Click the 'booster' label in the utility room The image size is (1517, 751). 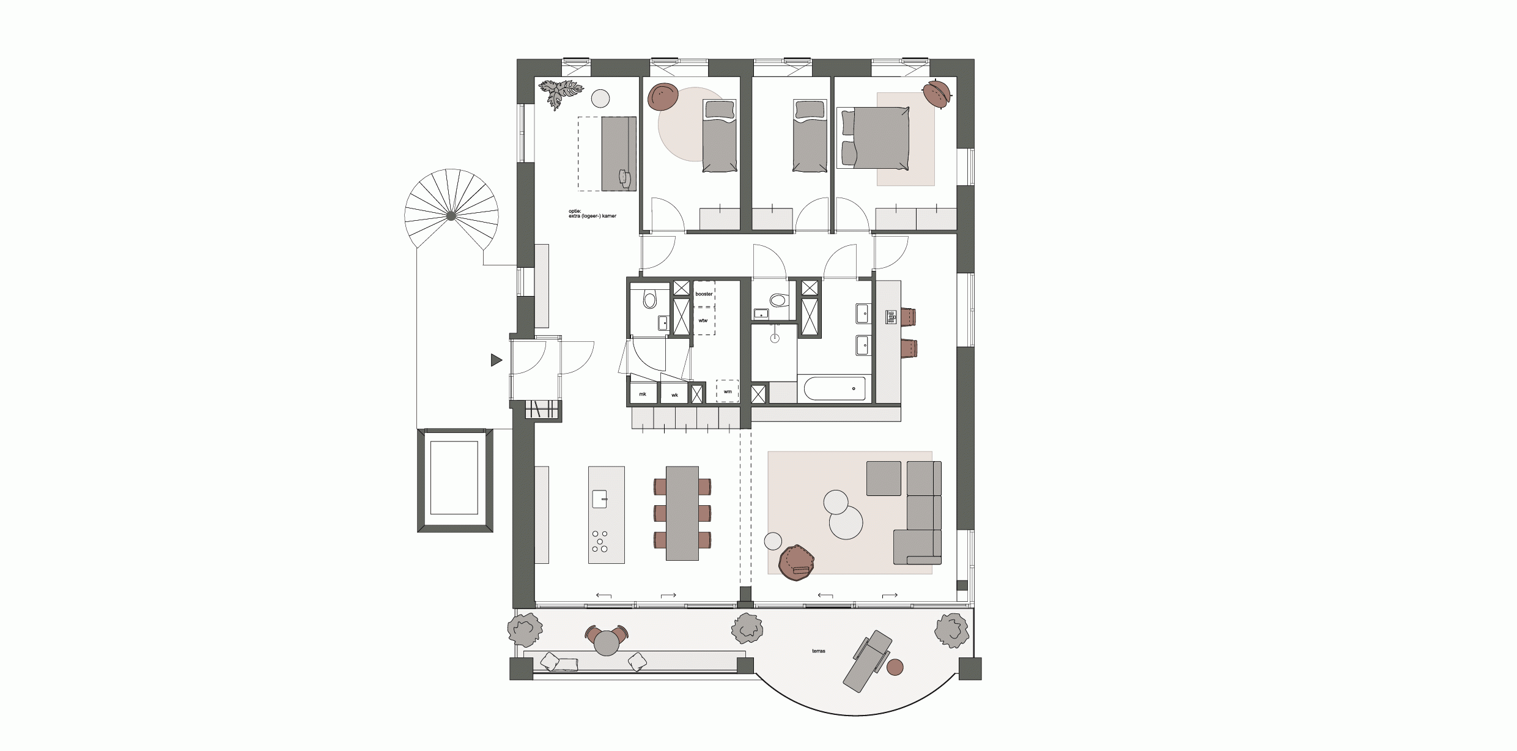[x=704, y=294]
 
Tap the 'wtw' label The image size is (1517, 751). [x=703, y=320]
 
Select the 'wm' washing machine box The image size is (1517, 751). [x=727, y=391]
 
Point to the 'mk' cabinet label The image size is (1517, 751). [x=643, y=394]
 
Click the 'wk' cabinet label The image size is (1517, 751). [x=675, y=395]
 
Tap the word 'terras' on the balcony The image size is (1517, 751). [x=819, y=651]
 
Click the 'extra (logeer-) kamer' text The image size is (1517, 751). [x=592, y=216]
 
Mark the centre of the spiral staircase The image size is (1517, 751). [x=451, y=215]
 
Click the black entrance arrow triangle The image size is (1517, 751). [x=496, y=360]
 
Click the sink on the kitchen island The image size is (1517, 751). [x=172, y=499]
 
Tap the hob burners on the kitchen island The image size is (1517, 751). [x=172, y=541]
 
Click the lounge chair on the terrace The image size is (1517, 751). [x=866, y=660]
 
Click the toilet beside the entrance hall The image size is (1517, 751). [x=649, y=300]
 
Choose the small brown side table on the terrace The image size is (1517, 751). [x=895, y=667]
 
